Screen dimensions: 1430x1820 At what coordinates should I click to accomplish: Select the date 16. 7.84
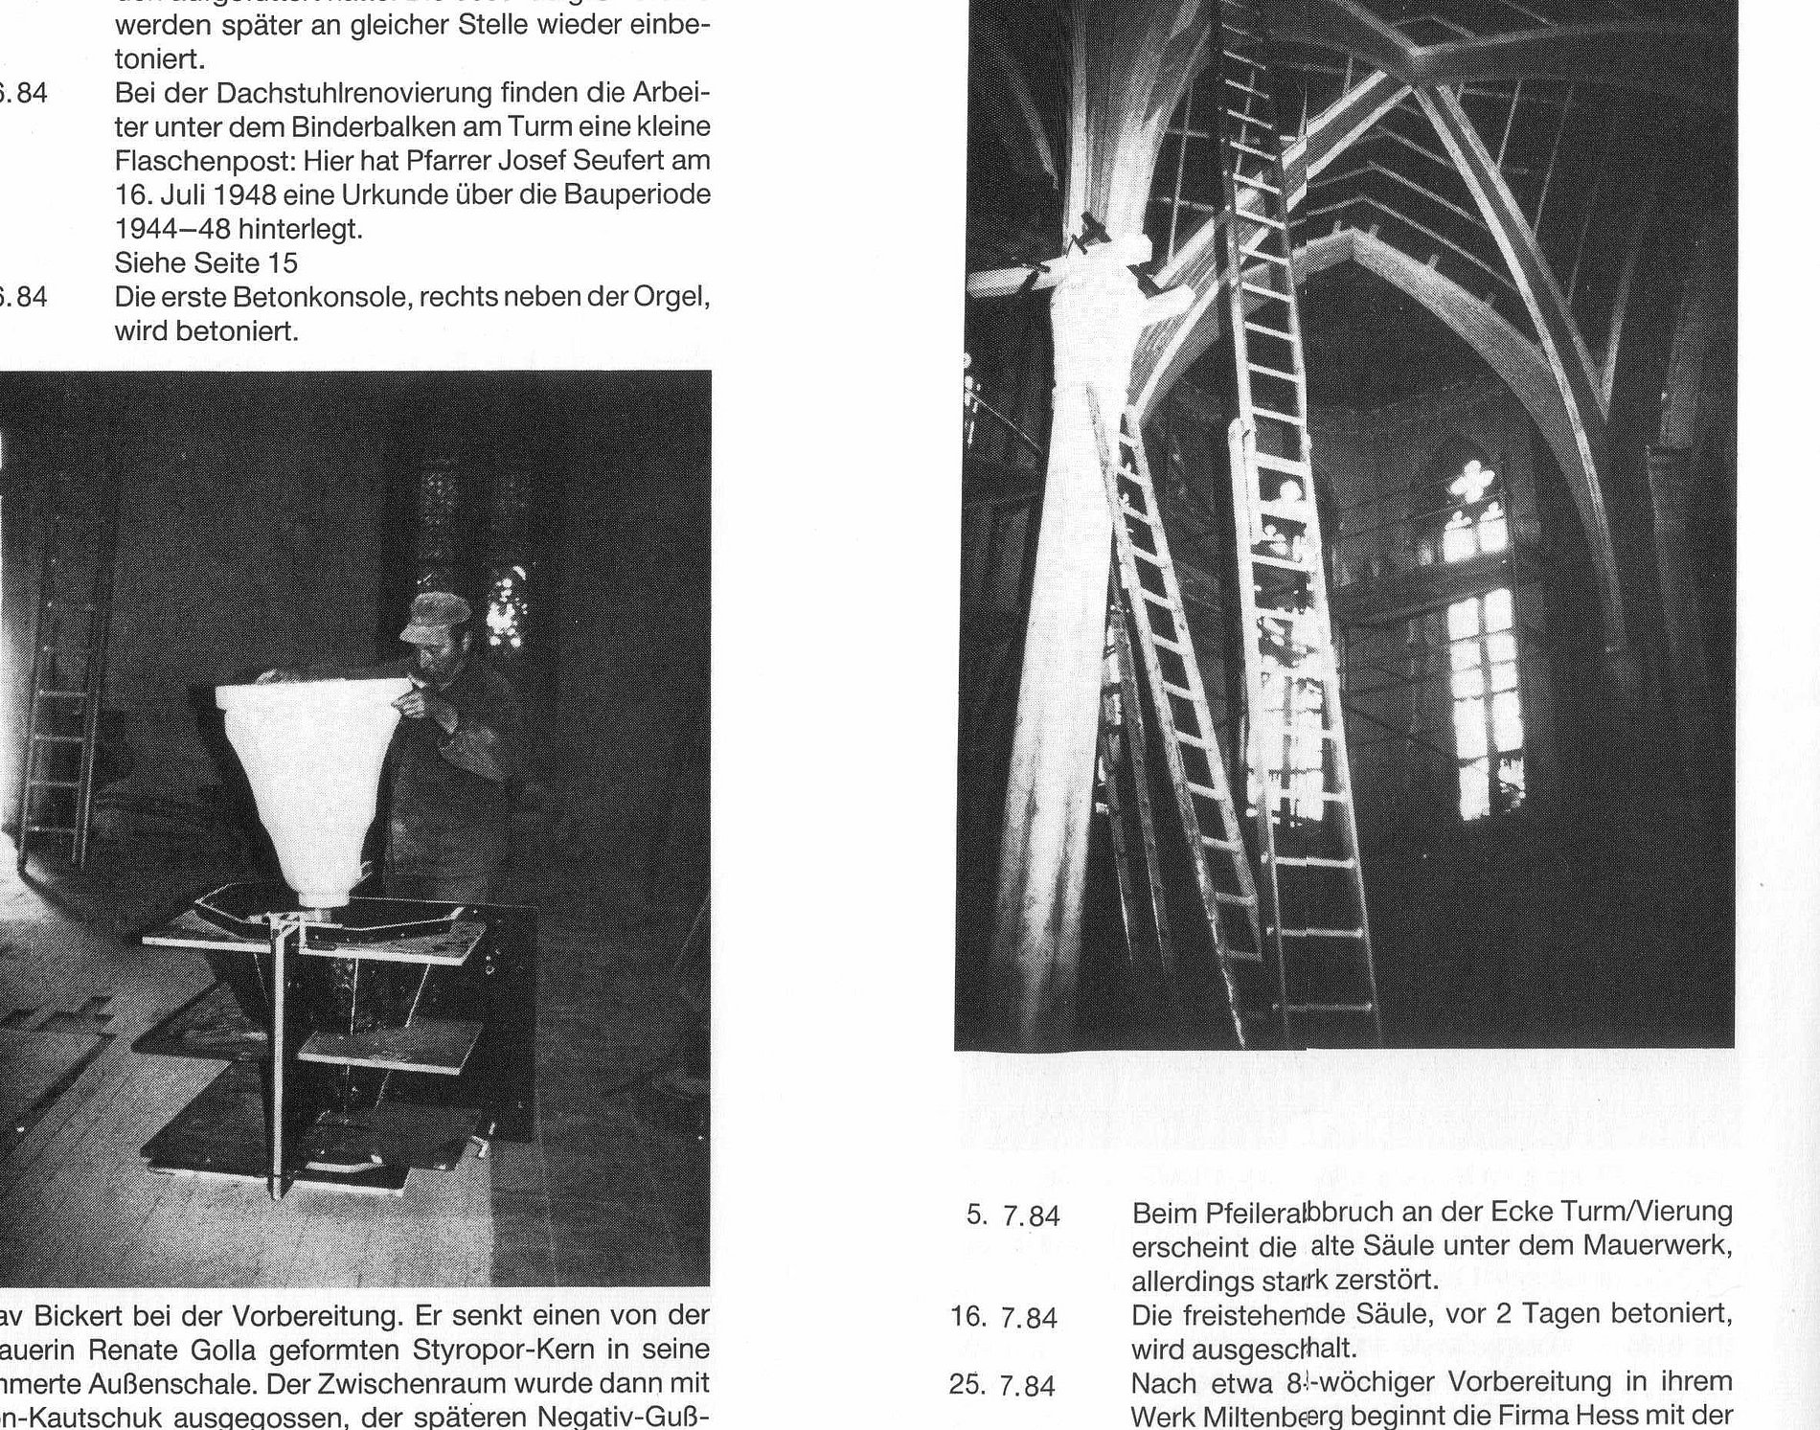[1004, 1319]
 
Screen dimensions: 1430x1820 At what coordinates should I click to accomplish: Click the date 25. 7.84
[1004, 1386]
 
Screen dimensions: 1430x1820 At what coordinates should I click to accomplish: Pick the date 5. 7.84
[1013, 1216]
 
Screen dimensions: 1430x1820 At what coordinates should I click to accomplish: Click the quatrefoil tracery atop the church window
[1476, 481]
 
